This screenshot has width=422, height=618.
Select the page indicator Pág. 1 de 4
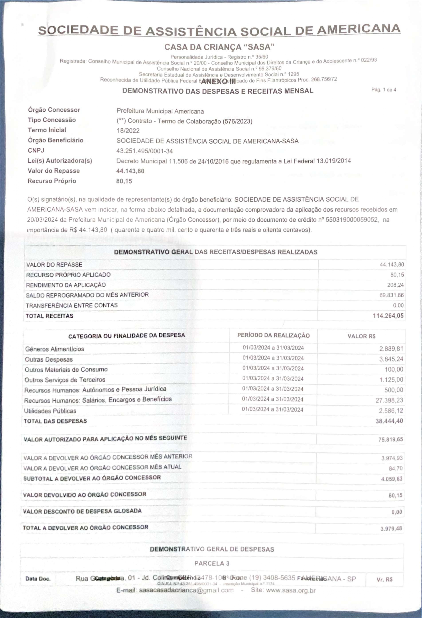(383, 90)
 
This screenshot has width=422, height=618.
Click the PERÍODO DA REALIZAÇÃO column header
(273, 335)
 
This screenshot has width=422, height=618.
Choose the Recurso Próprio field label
(52, 181)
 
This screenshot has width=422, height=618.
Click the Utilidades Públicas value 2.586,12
(391, 411)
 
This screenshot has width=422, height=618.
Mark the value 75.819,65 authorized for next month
(390, 439)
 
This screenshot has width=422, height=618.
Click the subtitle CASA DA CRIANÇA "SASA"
(219, 47)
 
